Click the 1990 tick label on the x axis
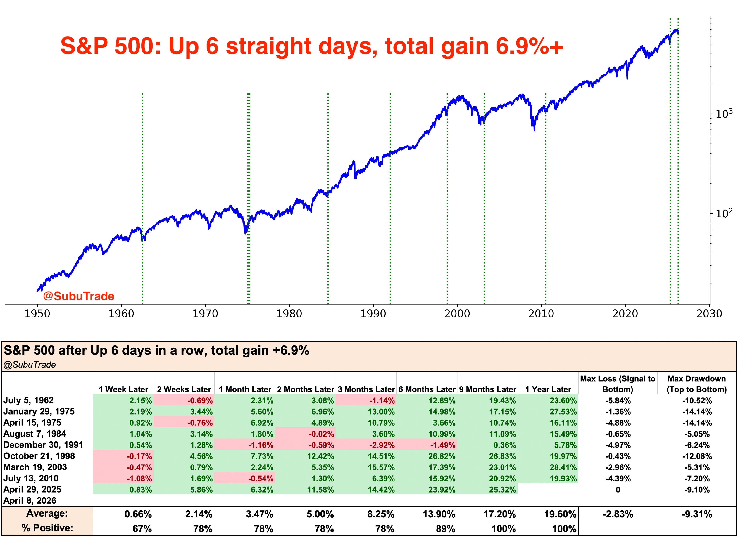click(x=373, y=314)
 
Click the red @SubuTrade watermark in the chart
click(x=79, y=296)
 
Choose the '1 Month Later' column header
click(x=245, y=389)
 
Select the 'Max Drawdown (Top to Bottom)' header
click(x=697, y=384)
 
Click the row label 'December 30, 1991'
click(x=43, y=445)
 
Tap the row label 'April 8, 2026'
click(x=30, y=501)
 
